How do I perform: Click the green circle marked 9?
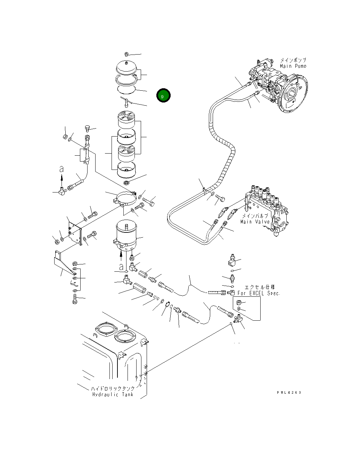point(163,96)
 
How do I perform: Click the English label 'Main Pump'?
point(293,66)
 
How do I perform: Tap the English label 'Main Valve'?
point(255,222)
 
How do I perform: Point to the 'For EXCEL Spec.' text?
point(259,293)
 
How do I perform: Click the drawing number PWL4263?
point(289,392)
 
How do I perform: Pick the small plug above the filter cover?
point(127,54)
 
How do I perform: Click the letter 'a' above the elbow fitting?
point(62,169)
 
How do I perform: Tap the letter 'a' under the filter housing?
point(121,267)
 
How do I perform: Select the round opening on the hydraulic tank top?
point(124,336)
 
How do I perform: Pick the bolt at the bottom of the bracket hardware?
point(74,298)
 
